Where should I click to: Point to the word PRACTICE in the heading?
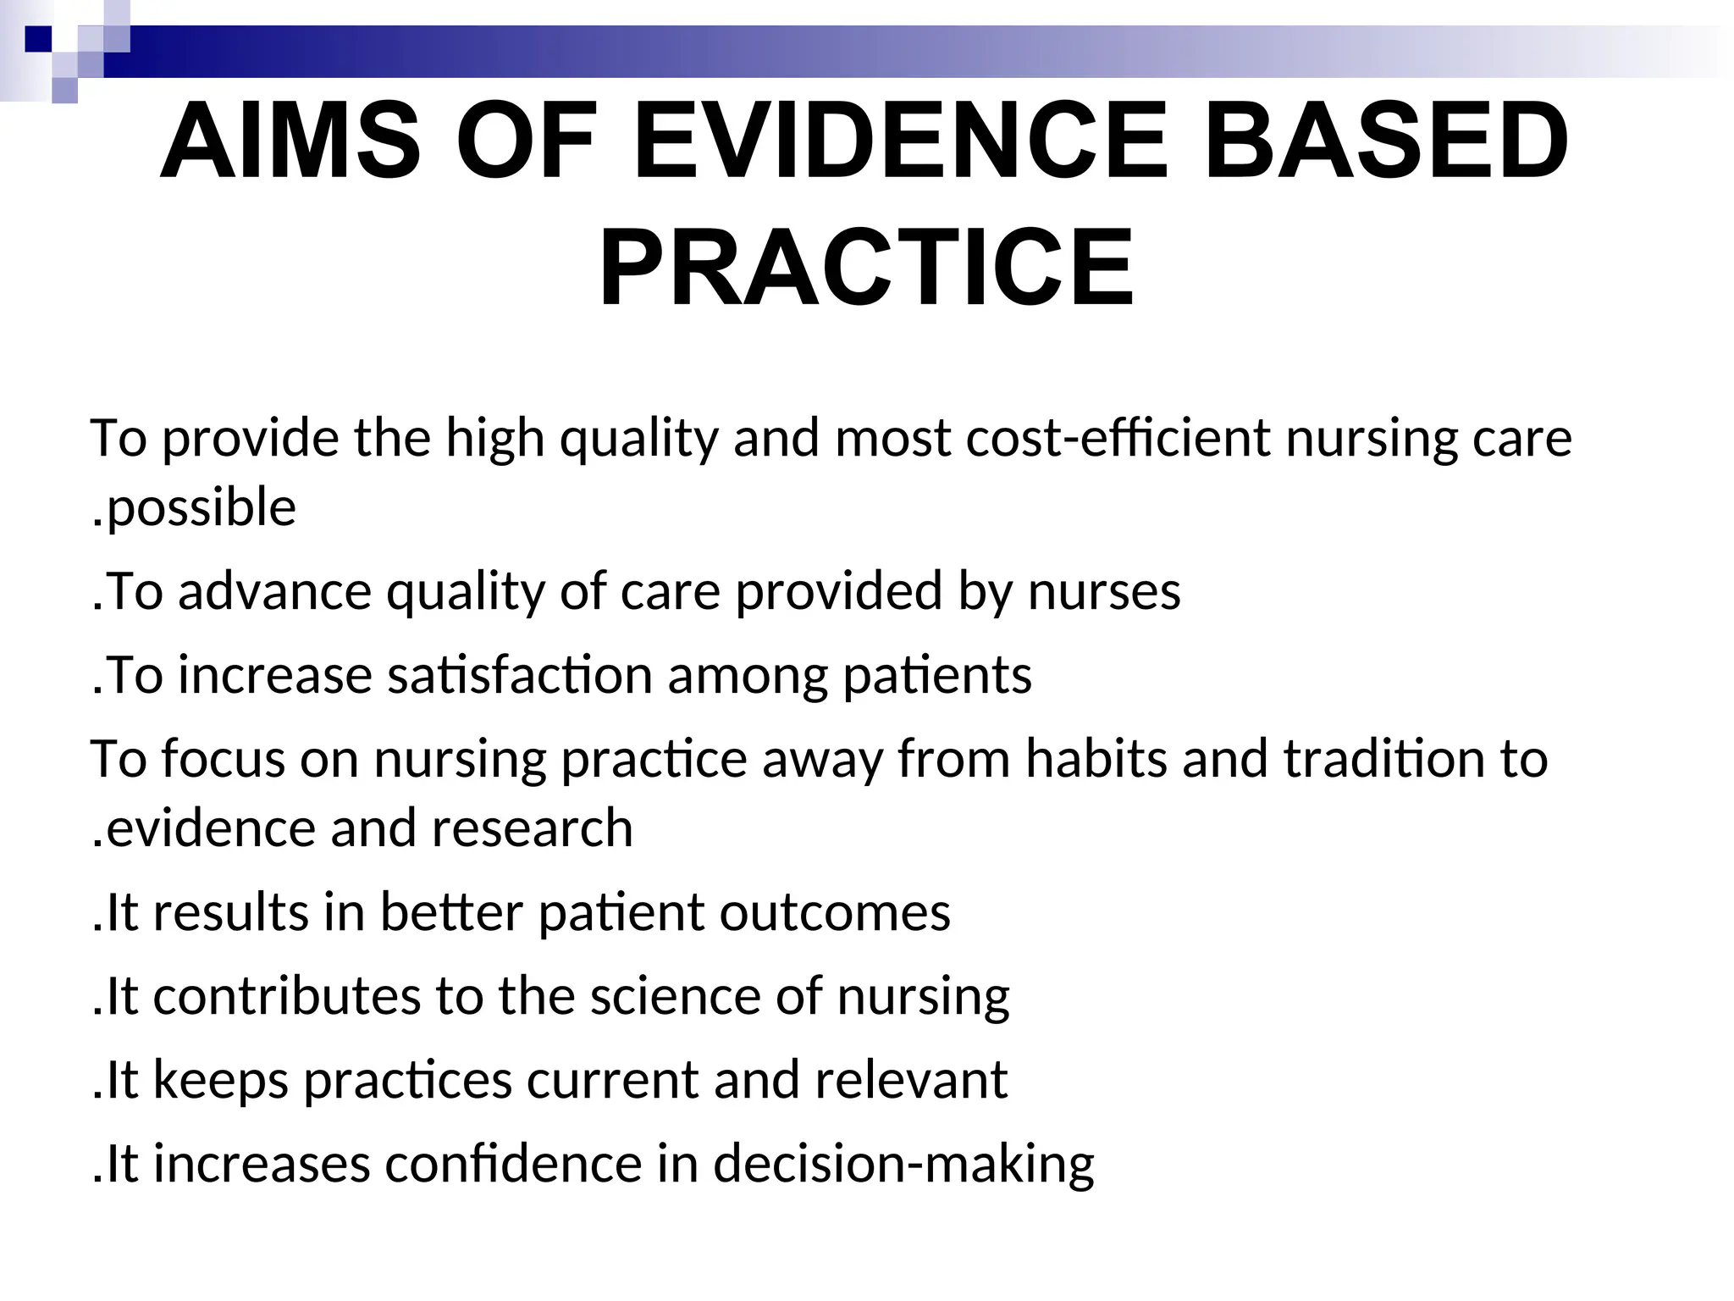click(866, 267)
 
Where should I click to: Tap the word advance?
click(274, 591)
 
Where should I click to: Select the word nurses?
click(1104, 591)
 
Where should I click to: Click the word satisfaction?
click(520, 676)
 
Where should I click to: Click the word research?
click(532, 828)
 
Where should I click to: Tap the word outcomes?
click(835, 912)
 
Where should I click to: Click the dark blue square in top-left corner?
click(39, 39)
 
